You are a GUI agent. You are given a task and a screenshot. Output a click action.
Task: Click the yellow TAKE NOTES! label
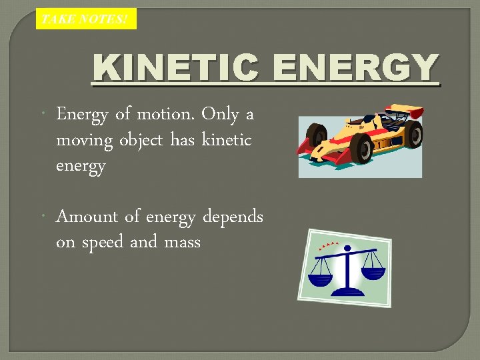86,19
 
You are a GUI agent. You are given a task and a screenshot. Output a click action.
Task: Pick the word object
143,141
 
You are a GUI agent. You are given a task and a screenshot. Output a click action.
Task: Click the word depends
233,218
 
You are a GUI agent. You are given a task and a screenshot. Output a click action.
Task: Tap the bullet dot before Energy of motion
43,115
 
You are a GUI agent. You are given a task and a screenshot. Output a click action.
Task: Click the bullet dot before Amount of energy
43,217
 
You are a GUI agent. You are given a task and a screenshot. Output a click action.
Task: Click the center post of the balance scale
347,270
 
